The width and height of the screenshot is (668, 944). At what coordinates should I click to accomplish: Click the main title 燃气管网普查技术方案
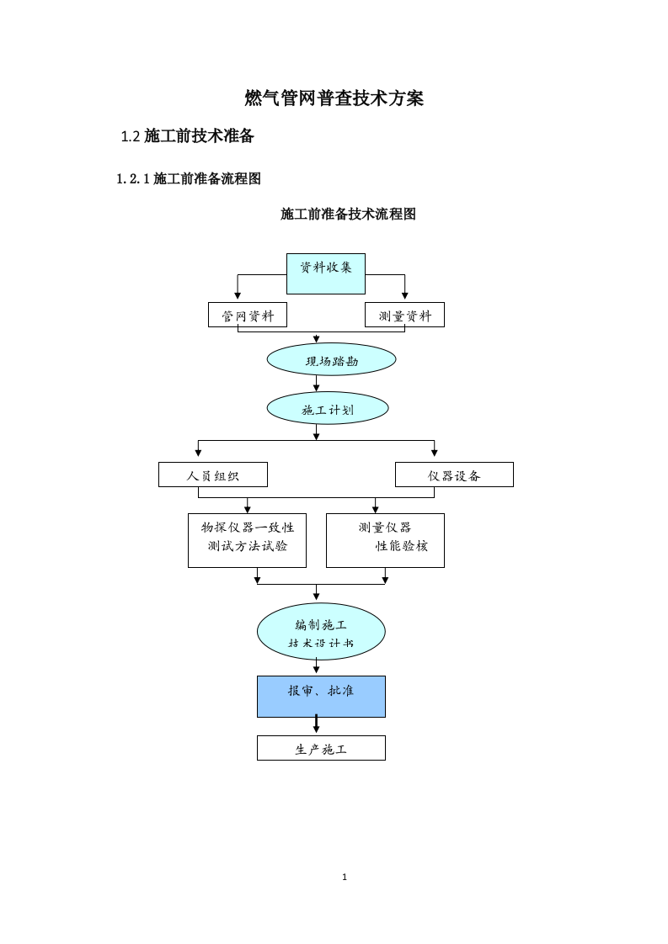tap(334, 98)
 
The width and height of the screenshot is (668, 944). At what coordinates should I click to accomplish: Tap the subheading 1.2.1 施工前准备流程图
tap(189, 178)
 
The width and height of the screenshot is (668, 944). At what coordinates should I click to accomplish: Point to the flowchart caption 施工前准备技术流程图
tap(348, 215)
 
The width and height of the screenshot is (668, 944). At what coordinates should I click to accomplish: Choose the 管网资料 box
tap(248, 316)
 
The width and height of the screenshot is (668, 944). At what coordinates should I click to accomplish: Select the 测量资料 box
tap(404, 316)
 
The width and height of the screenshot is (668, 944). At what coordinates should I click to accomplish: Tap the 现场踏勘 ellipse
tap(331, 360)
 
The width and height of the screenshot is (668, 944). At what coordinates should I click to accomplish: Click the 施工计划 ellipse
tap(328, 409)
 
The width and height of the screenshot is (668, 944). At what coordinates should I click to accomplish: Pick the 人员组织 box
tap(213, 475)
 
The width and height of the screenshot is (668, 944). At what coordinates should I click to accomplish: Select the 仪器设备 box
tap(454, 475)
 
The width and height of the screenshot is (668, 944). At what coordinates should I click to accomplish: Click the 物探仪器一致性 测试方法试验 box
tap(247, 541)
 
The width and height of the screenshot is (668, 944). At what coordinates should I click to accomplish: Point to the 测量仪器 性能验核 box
tap(385, 541)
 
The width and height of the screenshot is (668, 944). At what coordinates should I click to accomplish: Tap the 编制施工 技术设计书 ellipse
tap(321, 632)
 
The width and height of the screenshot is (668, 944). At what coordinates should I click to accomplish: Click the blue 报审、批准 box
tap(321, 697)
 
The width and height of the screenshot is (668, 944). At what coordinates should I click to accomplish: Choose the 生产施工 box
tap(321, 748)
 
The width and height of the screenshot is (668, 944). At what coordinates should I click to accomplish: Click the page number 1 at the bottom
tap(345, 877)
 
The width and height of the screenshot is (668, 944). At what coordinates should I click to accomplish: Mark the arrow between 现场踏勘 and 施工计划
tap(317, 384)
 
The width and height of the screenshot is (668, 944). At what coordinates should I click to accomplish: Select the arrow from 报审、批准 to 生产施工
tap(317, 725)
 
